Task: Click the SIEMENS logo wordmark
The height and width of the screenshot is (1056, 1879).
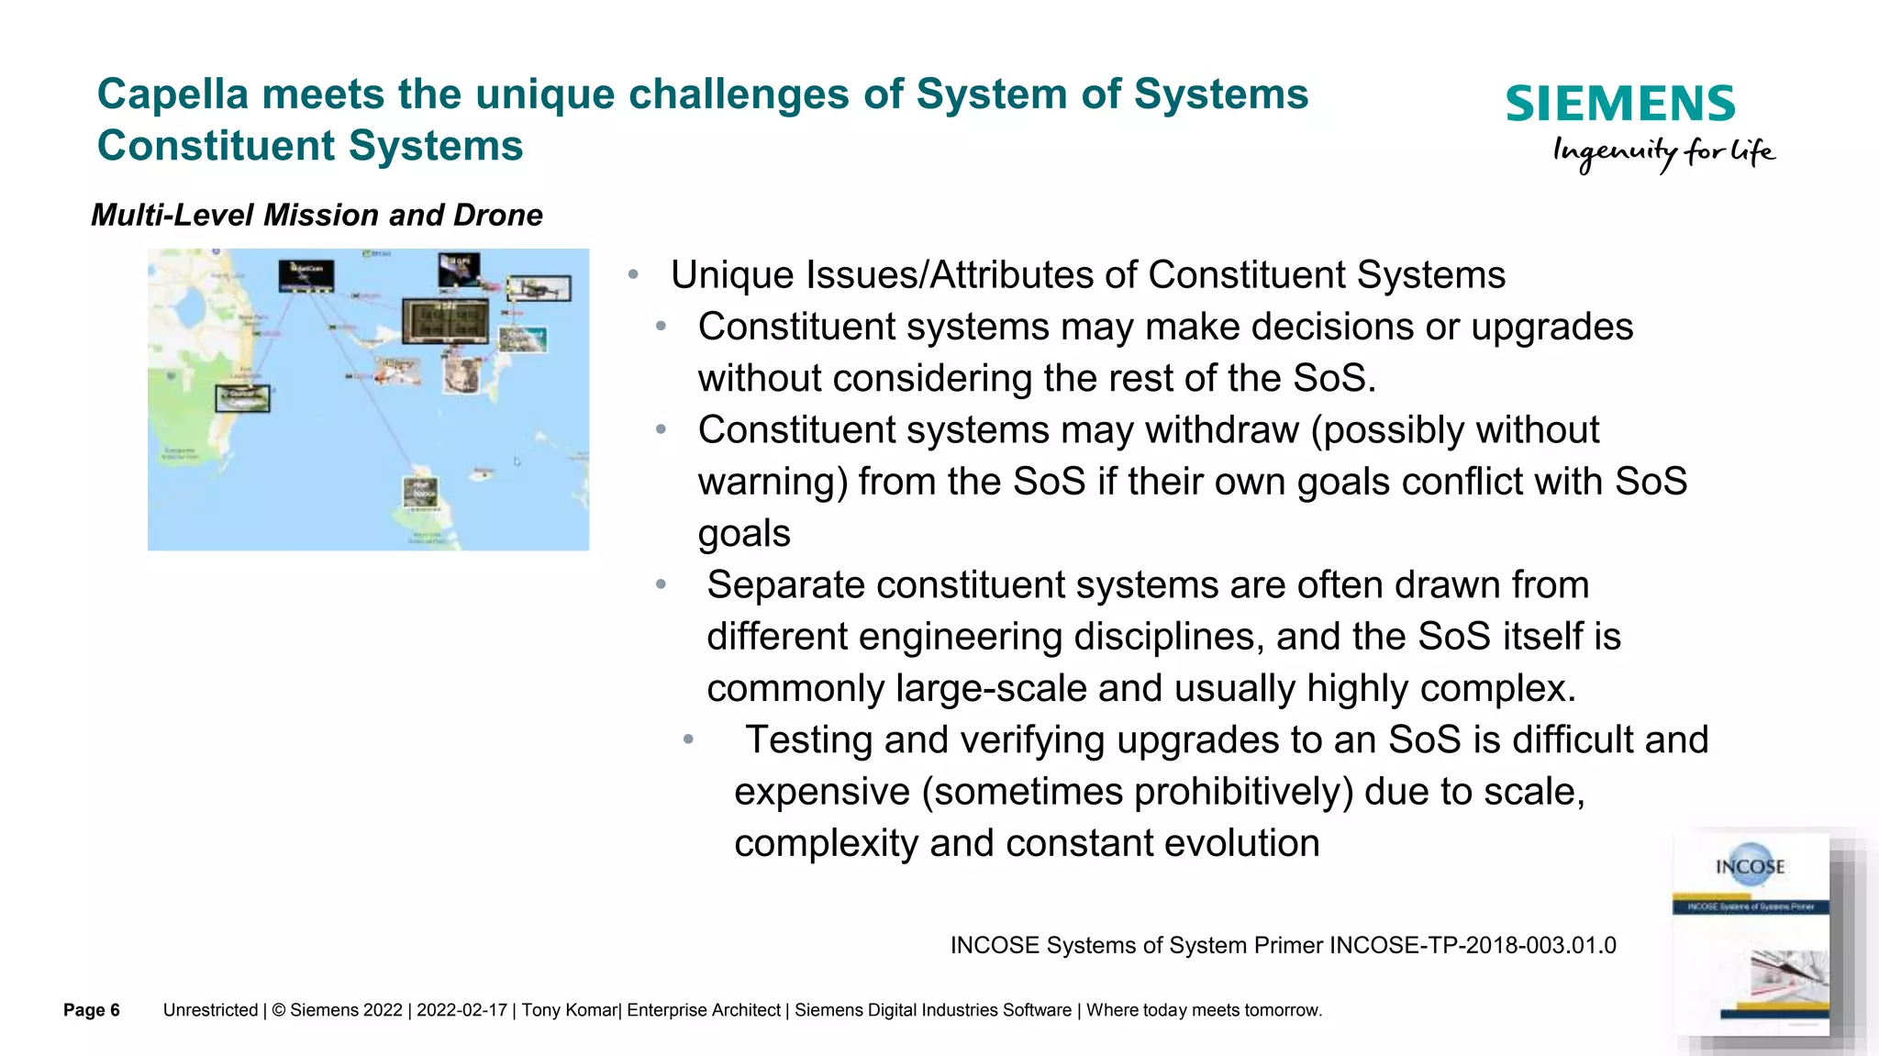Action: coord(1619,104)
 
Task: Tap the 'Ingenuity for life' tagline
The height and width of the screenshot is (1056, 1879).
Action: coord(1662,152)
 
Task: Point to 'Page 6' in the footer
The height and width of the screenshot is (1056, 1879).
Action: coord(92,1010)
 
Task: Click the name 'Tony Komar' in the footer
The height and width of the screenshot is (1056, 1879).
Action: coord(569,1010)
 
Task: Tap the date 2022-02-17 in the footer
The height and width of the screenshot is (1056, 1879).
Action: coord(461,1010)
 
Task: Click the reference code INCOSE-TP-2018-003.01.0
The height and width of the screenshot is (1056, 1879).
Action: coord(1473,945)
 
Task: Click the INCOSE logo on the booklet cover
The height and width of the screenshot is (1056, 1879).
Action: coord(1750,865)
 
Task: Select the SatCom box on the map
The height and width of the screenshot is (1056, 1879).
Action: coord(306,274)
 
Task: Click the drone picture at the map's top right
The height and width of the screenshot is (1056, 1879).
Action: coord(539,289)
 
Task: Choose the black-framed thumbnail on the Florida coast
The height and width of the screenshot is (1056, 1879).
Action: coord(242,398)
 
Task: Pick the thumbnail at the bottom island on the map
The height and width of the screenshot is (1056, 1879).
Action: coord(421,492)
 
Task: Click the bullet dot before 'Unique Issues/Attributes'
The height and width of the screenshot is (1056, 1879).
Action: coord(633,274)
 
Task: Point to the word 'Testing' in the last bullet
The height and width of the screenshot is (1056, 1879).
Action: coord(807,739)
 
